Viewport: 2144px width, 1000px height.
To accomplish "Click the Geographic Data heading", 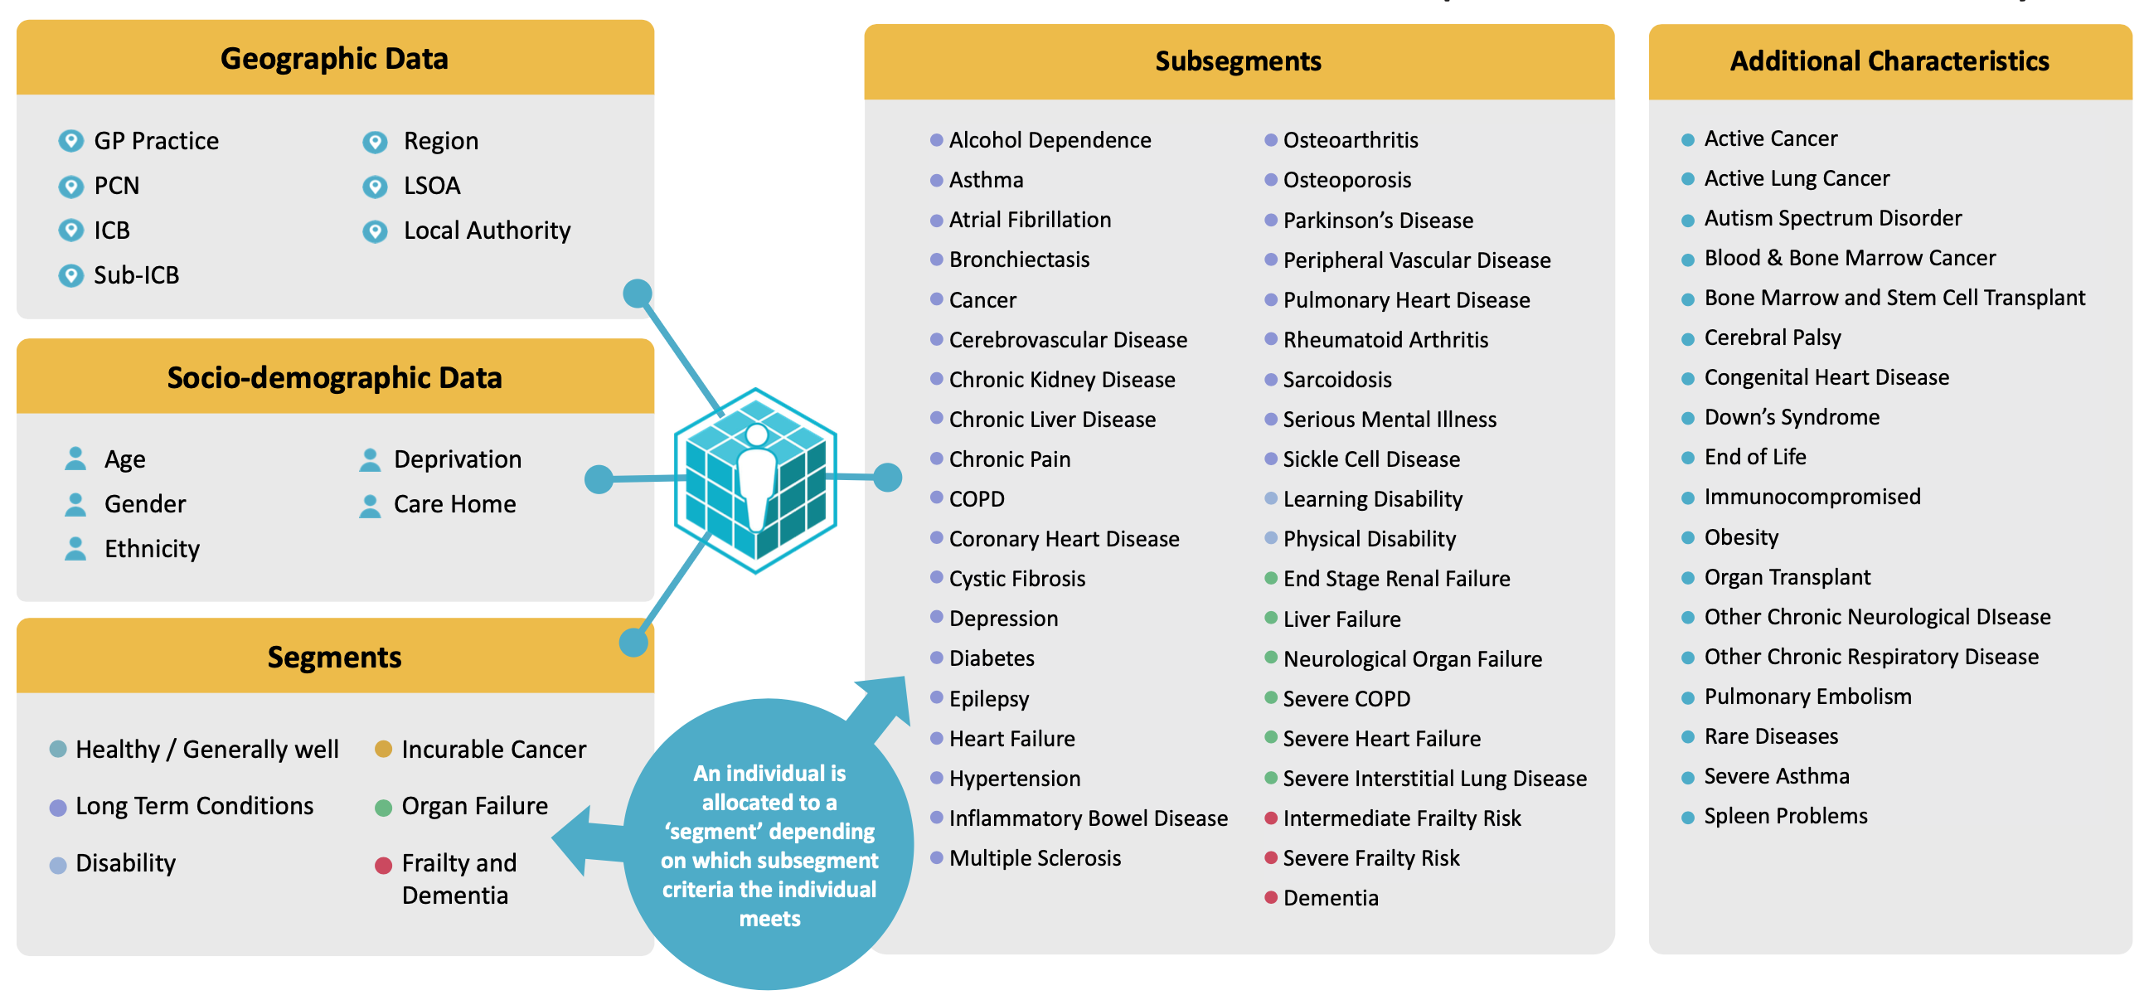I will tap(334, 58).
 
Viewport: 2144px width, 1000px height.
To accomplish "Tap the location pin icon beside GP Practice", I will tap(70, 141).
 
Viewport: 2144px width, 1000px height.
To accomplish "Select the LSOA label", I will tap(431, 186).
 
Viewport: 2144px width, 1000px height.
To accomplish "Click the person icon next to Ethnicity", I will tap(75, 549).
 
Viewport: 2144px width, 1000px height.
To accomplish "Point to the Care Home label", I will tap(454, 504).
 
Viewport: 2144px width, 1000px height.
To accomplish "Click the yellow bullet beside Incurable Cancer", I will tap(383, 750).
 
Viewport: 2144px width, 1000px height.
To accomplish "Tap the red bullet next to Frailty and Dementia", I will tap(383, 866).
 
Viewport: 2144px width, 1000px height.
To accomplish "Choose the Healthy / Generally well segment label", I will tap(206, 750).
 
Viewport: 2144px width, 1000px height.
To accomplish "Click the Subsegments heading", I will tap(1238, 61).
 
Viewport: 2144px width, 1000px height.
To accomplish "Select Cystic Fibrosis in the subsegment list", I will tap(1016, 579).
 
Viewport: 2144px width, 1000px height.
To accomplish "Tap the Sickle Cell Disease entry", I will tap(1370, 459).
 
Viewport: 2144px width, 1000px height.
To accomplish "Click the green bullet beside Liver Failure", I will tap(1271, 618).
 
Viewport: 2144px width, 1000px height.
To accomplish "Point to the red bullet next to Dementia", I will tap(1271, 896).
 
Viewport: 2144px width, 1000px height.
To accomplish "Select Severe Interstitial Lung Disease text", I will tap(1434, 779).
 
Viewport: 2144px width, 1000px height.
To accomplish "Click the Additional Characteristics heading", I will tap(1889, 61).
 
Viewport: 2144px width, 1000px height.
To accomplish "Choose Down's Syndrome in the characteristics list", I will tap(1791, 417).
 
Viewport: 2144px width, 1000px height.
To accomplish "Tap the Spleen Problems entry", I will tap(1785, 816).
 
